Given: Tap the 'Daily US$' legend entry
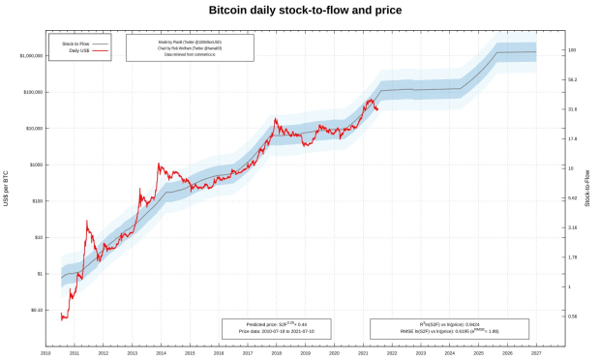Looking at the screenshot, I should (x=79, y=50).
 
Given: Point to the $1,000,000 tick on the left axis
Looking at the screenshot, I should (x=30, y=56).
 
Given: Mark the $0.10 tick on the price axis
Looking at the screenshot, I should (x=36, y=311).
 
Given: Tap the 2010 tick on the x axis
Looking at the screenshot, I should (x=45, y=354).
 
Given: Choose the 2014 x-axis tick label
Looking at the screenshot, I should (x=161, y=354).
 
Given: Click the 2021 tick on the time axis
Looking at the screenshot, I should (x=362, y=354).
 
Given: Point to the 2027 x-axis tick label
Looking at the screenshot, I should (x=535, y=354).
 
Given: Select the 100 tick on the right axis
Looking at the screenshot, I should (x=572, y=49).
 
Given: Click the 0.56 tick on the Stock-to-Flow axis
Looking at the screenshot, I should (x=573, y=316).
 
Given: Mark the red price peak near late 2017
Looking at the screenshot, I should (x=276, y=119).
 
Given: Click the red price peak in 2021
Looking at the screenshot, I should (x=370, y=99).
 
